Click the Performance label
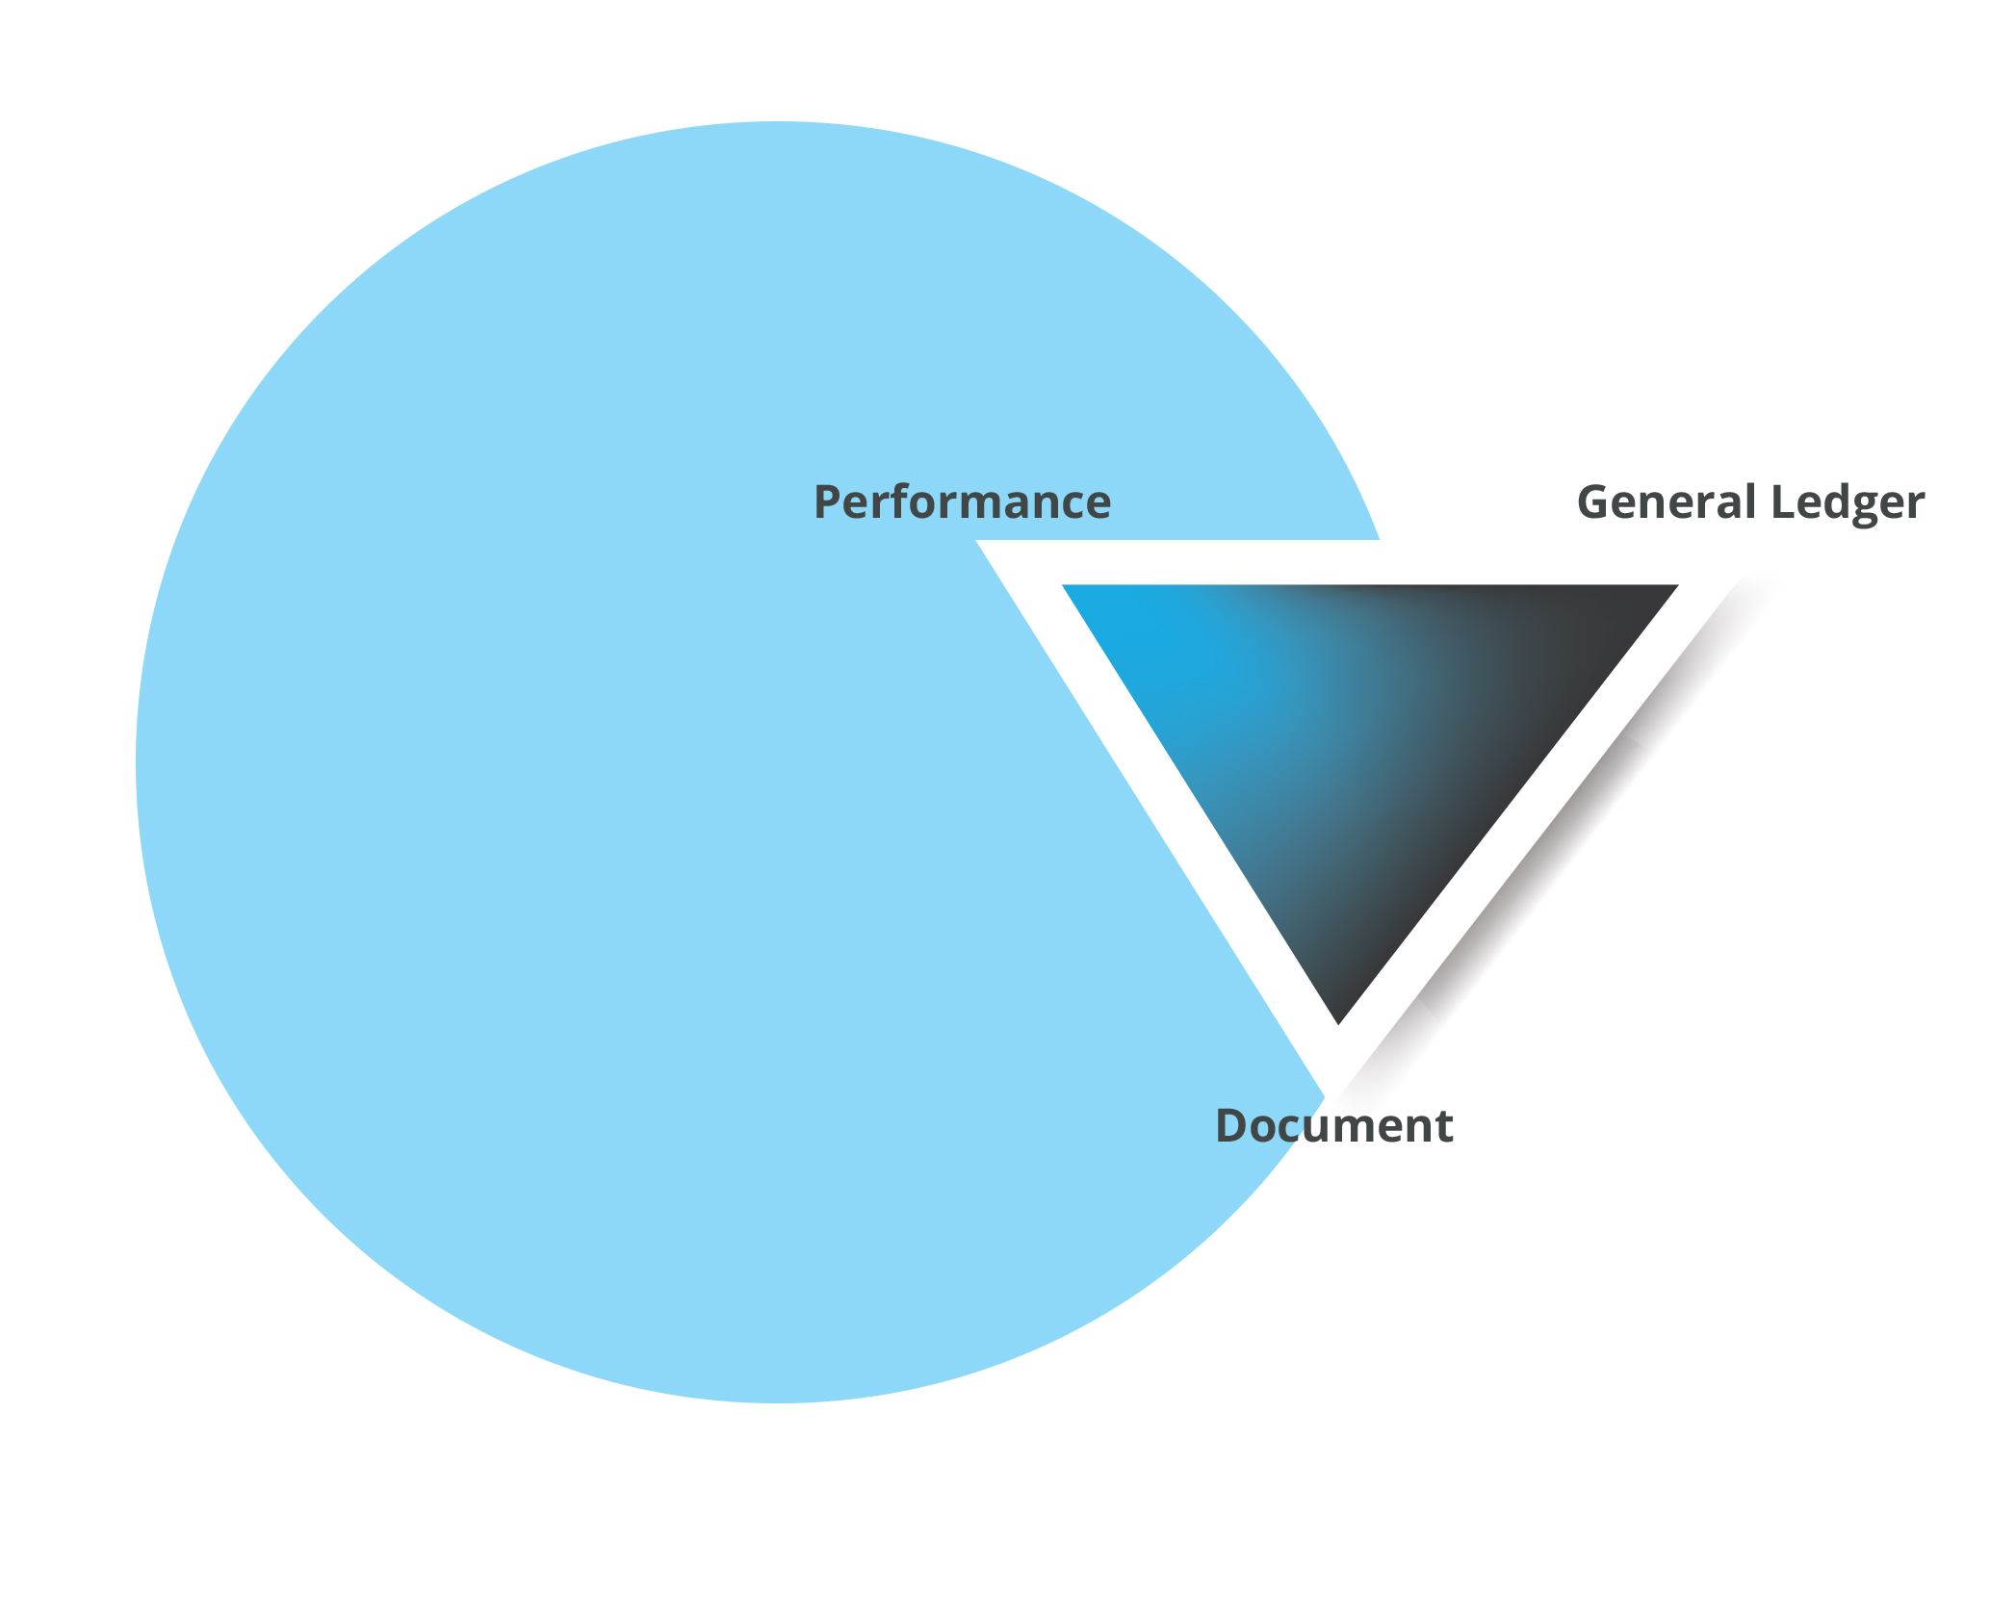click(962, 502)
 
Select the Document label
click(1334, 1125)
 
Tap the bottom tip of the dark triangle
click(1339, 1024)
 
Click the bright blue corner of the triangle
click(1065, 586)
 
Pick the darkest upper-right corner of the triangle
click(1676, 586)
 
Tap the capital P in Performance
click(829, 502)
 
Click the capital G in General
click(1594, 502)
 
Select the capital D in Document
click(1233, 1125)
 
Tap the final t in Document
click(1443, 1128)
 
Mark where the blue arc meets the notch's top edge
click(1380, 540)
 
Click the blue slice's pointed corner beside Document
click(1327, 1096)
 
